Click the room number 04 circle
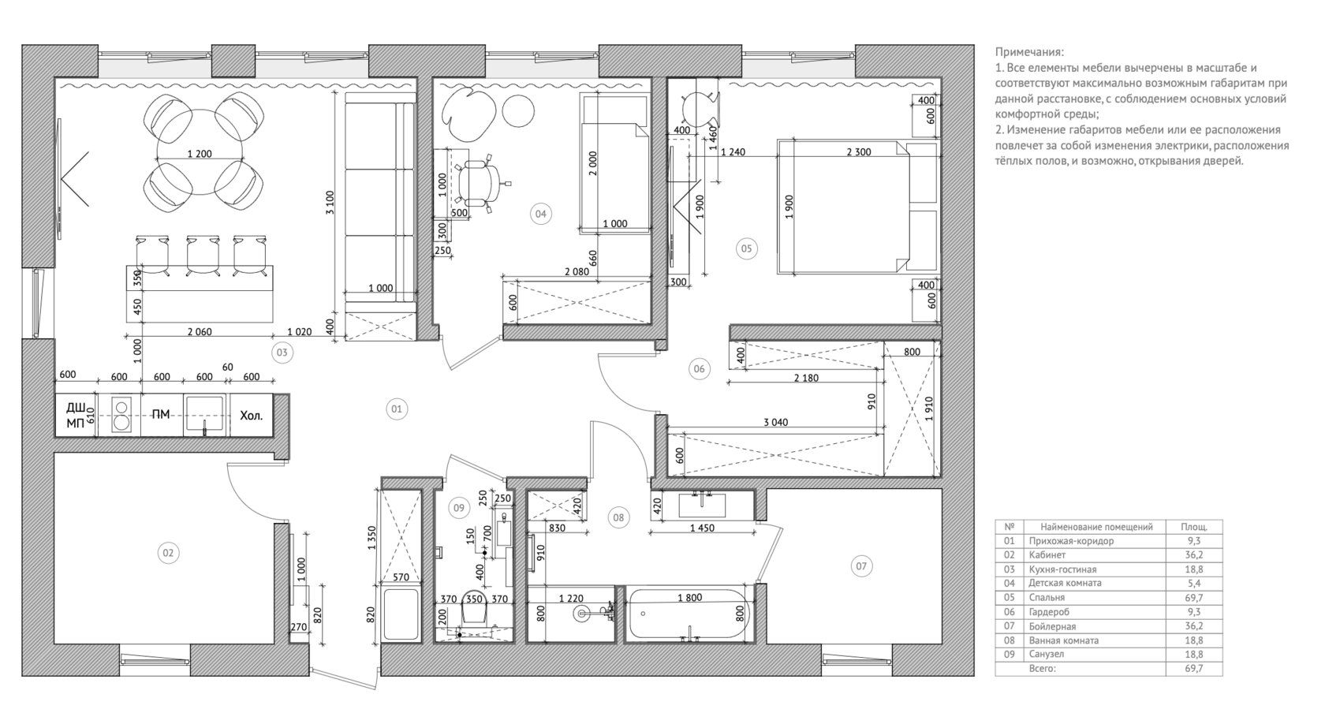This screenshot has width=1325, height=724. click(x=541, y=215)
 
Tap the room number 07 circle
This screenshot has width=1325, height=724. click(x=861, y=566)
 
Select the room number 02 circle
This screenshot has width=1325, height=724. click(x=168, y=553)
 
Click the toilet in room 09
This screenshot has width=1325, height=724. click(x=474, y=606)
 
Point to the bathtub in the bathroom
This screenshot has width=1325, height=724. click(x=688, y=614)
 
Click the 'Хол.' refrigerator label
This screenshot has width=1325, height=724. click(x=252, y=415)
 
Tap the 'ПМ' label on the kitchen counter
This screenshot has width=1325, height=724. click(x=161, y=415)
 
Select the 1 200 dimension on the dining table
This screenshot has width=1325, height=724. click(x=200, y=154)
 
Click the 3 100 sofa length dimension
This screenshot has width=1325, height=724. click(x=330, y=203)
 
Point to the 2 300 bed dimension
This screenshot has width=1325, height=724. click(x=859, y=152)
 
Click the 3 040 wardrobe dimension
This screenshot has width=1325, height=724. click(x=775, y=423)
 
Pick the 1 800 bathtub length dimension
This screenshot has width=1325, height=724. click(x=690, y=598)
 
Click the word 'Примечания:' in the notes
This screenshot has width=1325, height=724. click(x=1029, y=52)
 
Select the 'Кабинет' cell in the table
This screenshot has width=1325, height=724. click(x=1047, y=555)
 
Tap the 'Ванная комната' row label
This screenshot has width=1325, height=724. click(x=1063, y=640)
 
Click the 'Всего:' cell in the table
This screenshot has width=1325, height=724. click(x=1042, y=669)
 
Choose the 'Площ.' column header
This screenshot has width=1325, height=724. click(x=1194, y=527)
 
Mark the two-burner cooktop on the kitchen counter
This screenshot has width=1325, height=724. click(x=121, y=415)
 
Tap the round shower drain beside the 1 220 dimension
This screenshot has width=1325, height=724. click(x=581, y=614)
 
